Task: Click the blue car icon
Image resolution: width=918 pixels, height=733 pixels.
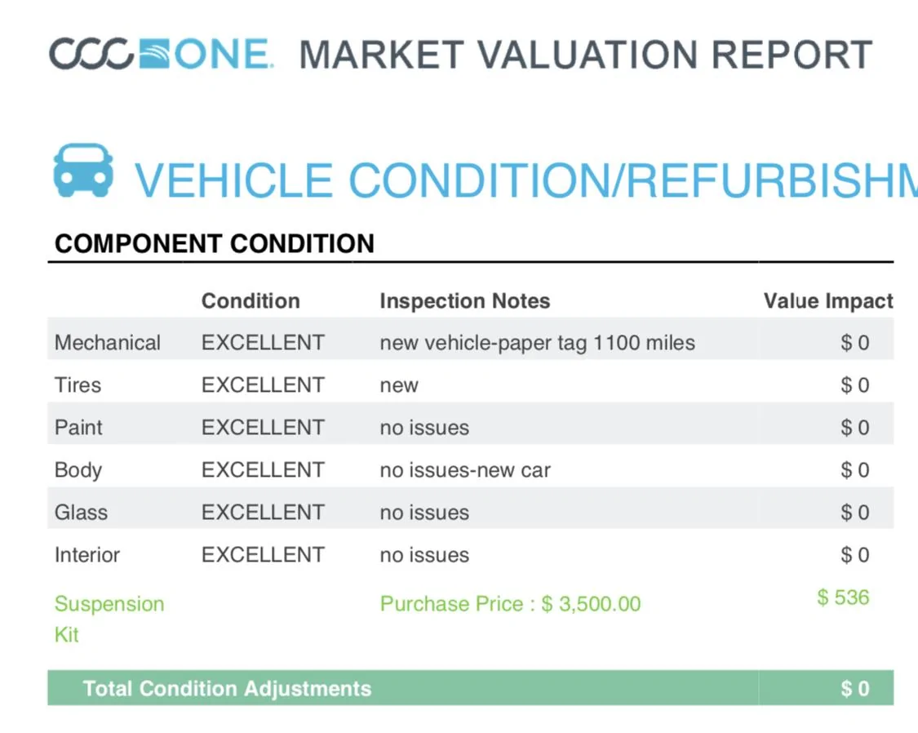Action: click(x=83, y=171)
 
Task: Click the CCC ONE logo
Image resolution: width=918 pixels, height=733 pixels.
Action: click(x=161, y=54)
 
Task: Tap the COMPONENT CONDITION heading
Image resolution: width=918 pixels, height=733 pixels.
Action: click(x=215, y=243)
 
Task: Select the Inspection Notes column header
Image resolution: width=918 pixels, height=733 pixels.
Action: click(x=465, y=301)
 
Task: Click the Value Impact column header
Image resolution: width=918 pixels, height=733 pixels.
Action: click(x=828, y=301)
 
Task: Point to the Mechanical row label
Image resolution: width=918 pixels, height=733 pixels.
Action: click(x=107, y=343)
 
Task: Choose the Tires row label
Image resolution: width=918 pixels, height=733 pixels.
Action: click(x=78, y=385)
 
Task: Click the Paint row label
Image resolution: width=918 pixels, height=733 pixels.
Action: click(x=78, y=428)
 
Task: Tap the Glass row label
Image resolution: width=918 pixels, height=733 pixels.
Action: click(x=81, y=513)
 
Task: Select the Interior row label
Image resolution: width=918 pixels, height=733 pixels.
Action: click(x=87, y=554)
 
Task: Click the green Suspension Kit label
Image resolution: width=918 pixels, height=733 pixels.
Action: click(x=109, y=619)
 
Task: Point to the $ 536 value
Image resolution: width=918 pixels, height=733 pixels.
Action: click(x=843, y=598)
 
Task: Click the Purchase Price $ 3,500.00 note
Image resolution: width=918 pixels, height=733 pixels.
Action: click(x=511, y=603)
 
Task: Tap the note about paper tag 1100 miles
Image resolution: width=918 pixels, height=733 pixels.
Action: click(x=538, y=343)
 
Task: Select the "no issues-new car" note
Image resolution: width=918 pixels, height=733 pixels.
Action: click(x=465, y=470)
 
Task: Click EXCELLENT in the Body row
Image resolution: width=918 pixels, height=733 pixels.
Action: click(x=263, y=470)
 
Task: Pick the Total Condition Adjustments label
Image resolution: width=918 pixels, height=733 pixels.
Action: click(x=227, y=688)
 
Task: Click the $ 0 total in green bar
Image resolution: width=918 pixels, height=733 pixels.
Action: click(x=855, y=688)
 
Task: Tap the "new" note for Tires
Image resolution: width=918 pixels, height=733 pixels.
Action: click(x=399, y=386)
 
